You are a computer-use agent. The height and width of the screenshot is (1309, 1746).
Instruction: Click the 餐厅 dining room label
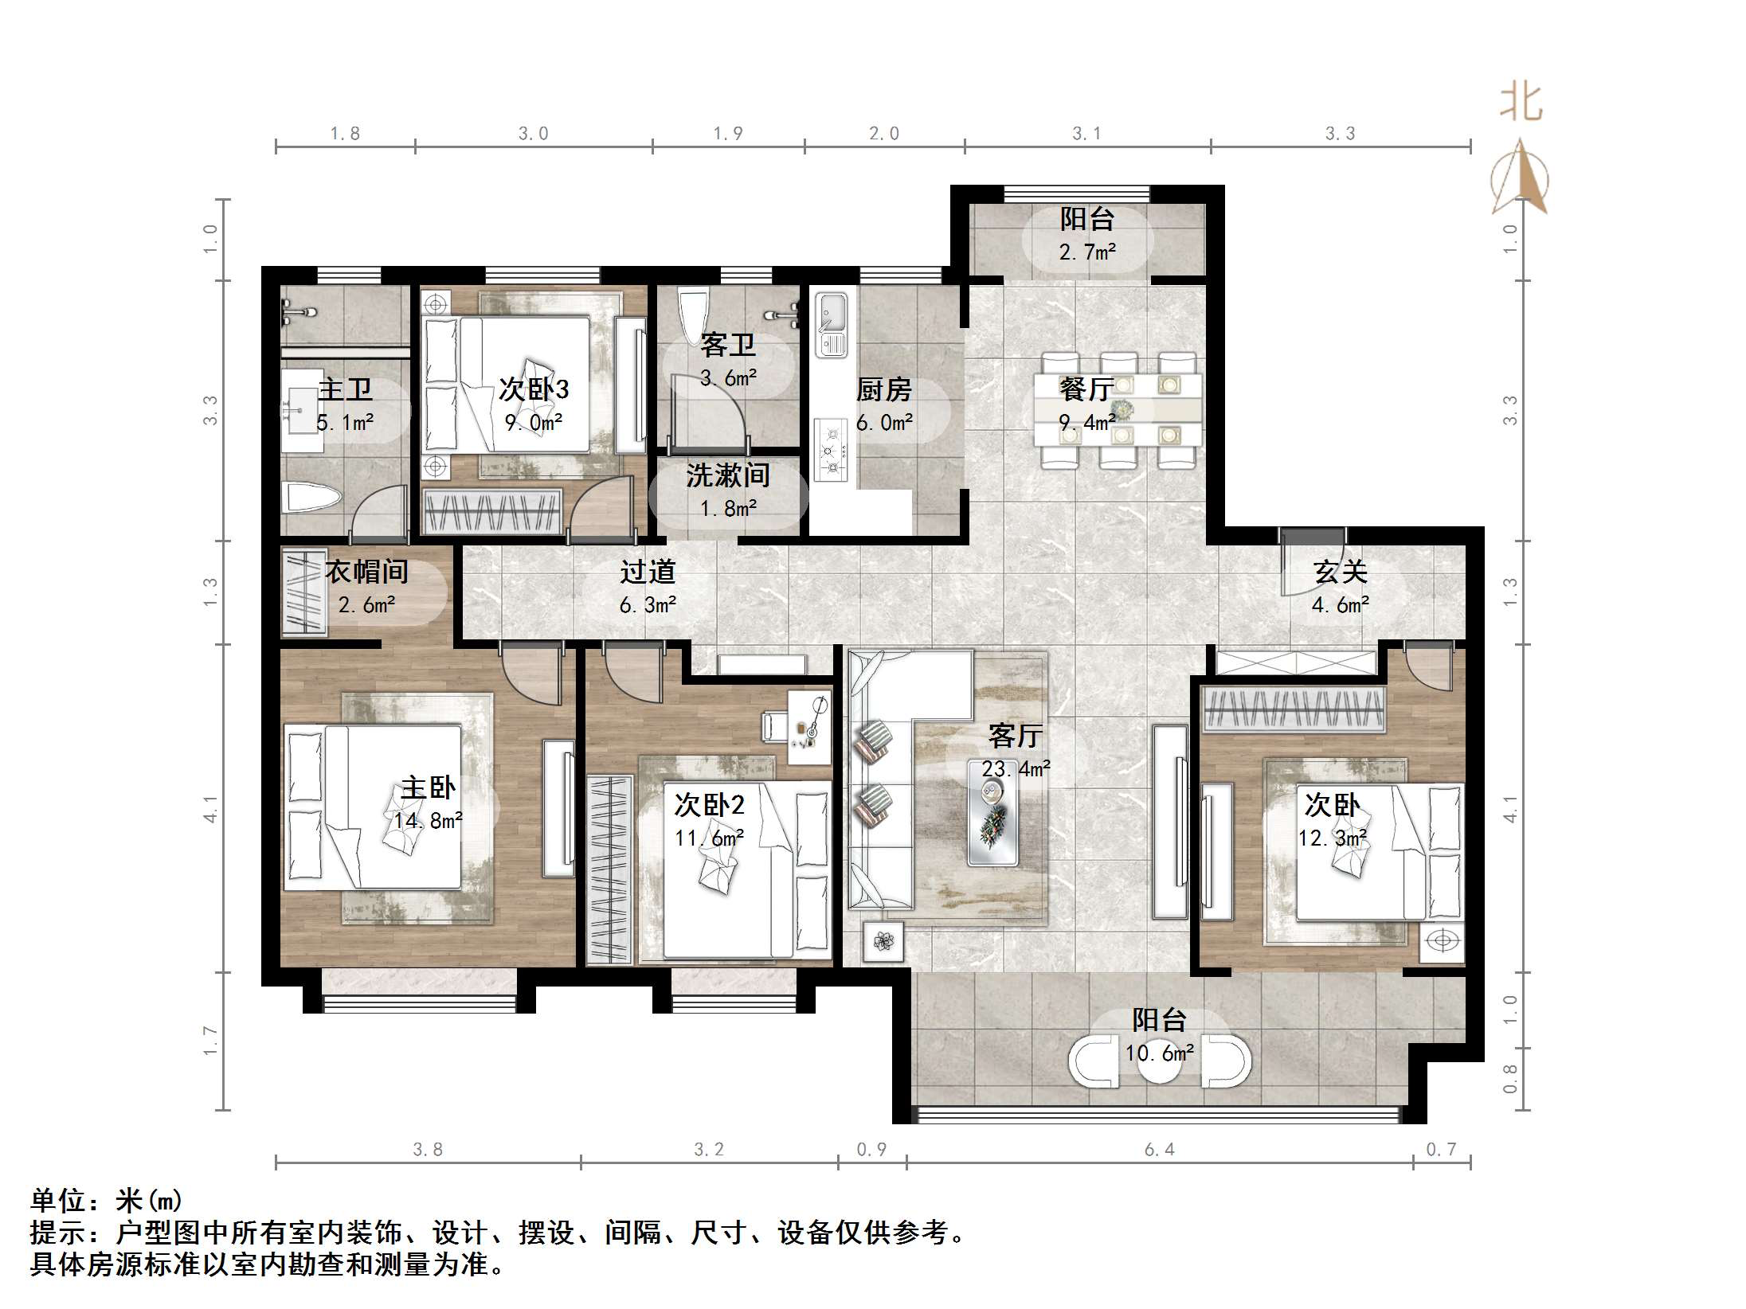pos(1086,389)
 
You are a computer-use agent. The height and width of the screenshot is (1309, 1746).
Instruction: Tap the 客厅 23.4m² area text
pos(1016,768)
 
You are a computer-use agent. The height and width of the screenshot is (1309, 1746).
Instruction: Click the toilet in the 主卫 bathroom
pos(311,498)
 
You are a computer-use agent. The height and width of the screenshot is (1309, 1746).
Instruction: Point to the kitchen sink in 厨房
pos(832,325)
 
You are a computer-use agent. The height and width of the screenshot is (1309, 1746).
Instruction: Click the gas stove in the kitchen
pos(832,450)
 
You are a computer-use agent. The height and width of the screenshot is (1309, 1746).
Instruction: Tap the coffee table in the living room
pos(992,812)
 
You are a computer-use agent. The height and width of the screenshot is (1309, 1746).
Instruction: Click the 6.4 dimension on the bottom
pos(1159,1149)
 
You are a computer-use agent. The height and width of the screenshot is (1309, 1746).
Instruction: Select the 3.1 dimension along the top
pos(1086,134)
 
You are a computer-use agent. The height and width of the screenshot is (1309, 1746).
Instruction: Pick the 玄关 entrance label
pos(1341,572)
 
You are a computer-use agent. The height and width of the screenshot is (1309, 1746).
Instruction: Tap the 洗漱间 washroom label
pos(728,475)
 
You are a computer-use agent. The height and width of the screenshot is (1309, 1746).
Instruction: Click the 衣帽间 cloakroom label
pos(366,572)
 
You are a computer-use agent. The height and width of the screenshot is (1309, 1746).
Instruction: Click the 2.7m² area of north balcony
pos(1087,252)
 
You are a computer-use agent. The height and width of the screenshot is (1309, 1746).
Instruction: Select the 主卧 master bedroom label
pos(428,787)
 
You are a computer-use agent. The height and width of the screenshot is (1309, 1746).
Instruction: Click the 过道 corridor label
pos(648,572)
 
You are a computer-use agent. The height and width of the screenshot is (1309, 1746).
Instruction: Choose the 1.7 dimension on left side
pos(210,1040)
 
